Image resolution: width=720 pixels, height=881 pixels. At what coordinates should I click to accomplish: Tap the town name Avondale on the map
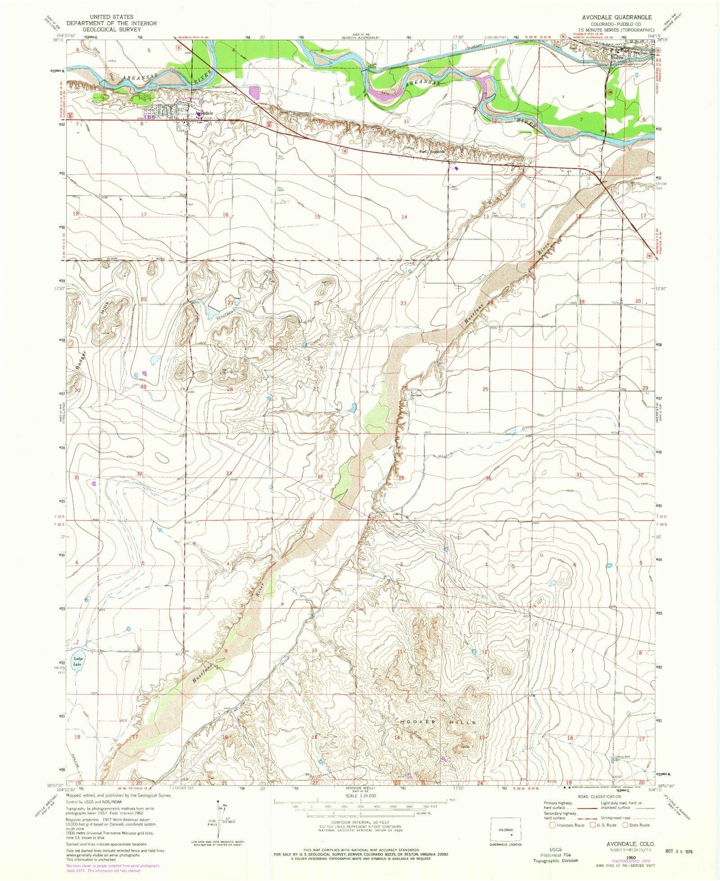pyautogui.click(x=204, y=113)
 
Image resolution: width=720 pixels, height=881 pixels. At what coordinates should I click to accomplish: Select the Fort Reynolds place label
pyautogui.click(x=432, y=152)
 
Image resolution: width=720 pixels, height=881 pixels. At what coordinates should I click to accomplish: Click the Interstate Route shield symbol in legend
pyautogui.click(x=552, y=825)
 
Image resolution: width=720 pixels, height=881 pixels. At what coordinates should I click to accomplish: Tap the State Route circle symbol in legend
pyautogui.click(x=625, y=825)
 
